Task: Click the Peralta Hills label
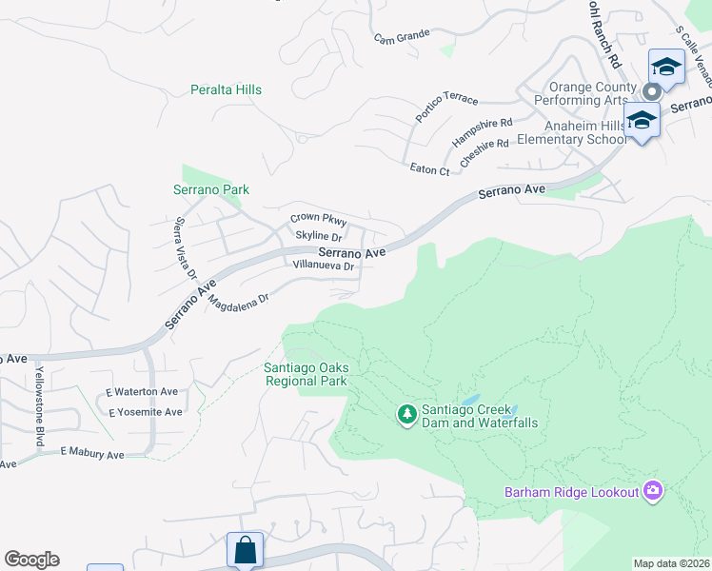226,89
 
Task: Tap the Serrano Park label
210,189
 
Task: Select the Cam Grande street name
402,39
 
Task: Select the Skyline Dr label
318,235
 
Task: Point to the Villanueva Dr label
324,266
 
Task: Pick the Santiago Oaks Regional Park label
305,374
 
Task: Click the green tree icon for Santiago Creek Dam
407,414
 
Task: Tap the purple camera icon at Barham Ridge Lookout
653,491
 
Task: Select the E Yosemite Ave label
145,412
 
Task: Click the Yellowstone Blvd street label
40,393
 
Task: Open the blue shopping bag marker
245,549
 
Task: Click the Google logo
31,560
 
